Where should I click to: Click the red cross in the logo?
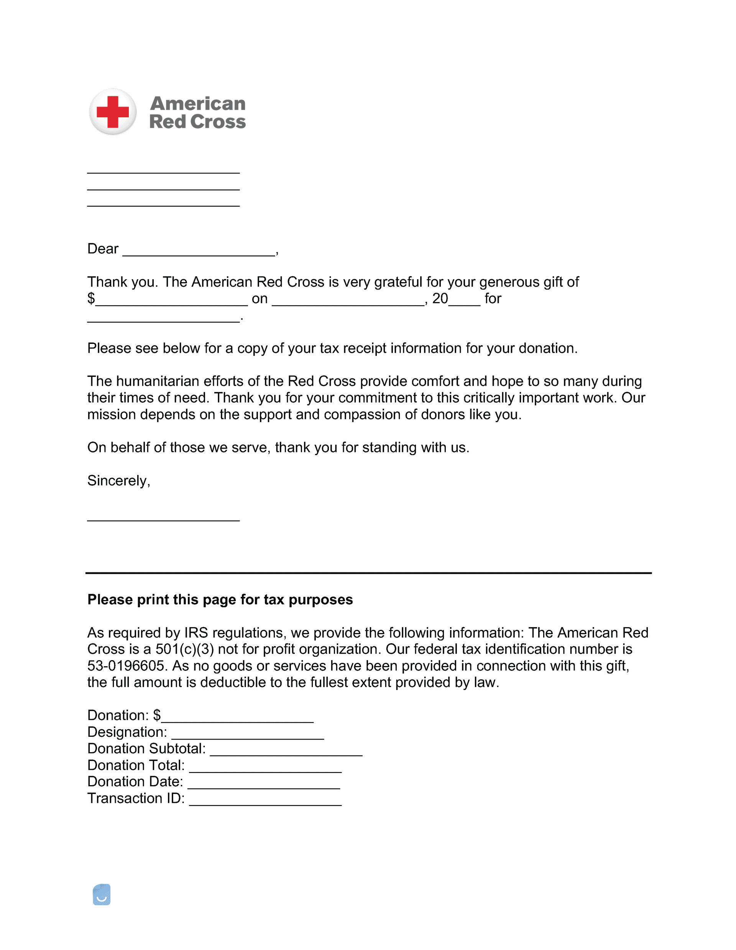coord(113,112)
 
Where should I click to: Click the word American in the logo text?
coord(197,104)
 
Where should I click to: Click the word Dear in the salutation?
coord(103,249)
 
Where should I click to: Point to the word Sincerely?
coord(118,481)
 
